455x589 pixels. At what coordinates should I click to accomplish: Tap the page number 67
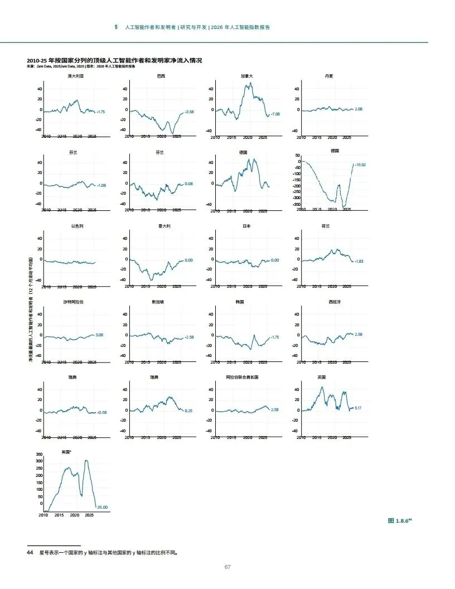pyautogui.click(x=227, y=567)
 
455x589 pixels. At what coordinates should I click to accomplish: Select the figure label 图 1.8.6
pyautogui.click(x=399, y=520)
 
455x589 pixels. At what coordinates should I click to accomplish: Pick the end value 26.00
pyautogui.click(x=102, y=507)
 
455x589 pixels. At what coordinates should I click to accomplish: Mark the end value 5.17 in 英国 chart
pyautogui.click(x=359, y=408)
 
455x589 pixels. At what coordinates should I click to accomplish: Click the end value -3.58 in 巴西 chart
pyautogui.click(x=189, y=112)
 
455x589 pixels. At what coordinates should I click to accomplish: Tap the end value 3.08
pyautogui.click(x=99, y=335)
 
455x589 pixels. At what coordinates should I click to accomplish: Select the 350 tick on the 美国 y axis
pyautogui.click(x=39, y=454)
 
